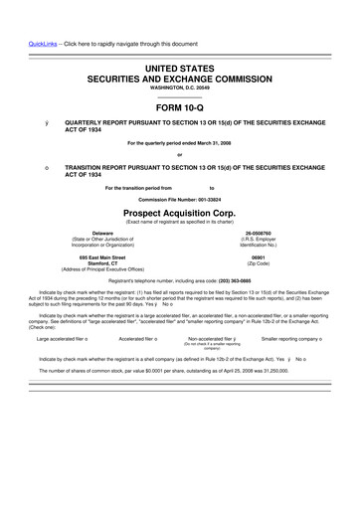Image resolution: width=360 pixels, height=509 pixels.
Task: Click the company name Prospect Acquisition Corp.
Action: click(x=180, y=212)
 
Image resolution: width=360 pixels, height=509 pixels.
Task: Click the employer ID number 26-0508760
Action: click(x=264, y=233)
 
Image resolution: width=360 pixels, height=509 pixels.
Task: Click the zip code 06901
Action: click(x=264, y=255)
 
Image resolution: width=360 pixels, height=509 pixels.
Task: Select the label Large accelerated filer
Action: click(x=61, y=339)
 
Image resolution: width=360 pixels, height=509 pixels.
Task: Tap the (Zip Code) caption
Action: click(x=264, y=262)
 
